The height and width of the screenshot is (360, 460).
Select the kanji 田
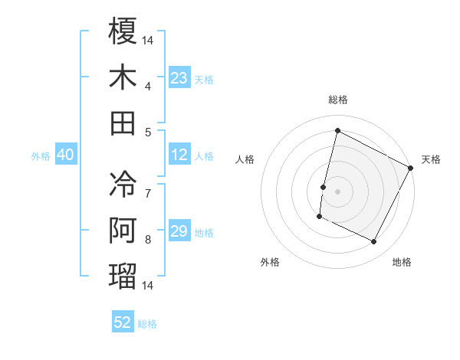pos(123,123)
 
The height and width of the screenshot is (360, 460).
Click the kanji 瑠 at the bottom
pos(123,276)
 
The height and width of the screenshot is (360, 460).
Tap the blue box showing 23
pos(179,78)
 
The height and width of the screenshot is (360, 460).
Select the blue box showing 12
pos(179,155)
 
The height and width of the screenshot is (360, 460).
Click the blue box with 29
pos(179,232)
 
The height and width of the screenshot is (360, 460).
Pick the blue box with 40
pos(66,155)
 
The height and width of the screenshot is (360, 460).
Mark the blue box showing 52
pos(123,322)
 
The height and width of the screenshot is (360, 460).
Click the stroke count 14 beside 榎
pos(149,39)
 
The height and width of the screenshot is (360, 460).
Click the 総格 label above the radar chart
pos(337,100)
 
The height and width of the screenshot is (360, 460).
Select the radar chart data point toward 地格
pos(374,242)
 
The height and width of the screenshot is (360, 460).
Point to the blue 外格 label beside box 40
pos(41,156)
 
